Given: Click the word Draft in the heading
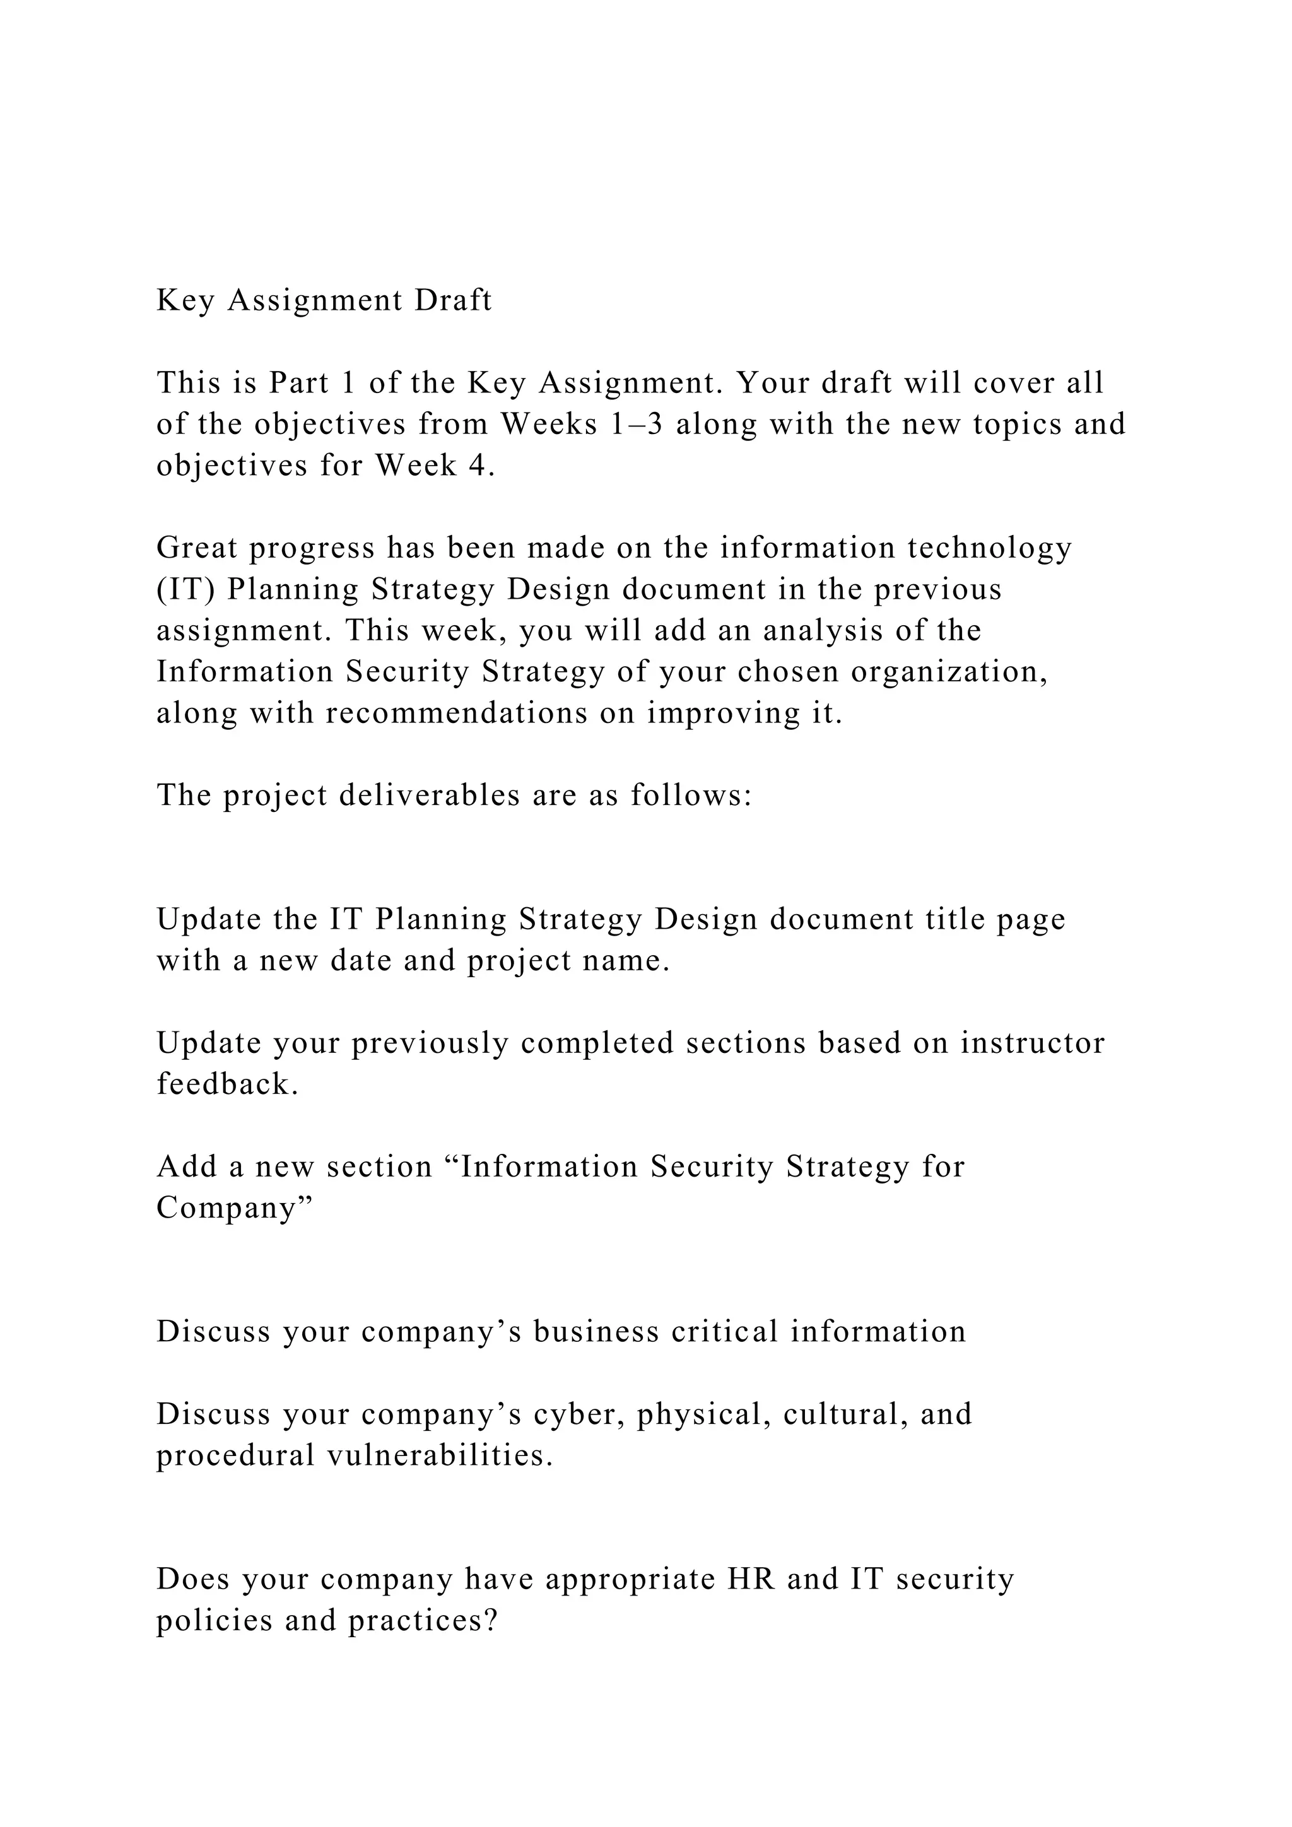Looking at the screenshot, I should tap(453, 301).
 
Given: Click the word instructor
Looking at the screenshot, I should tap(1032, 1043).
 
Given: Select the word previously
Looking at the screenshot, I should tap(430, 1043).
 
